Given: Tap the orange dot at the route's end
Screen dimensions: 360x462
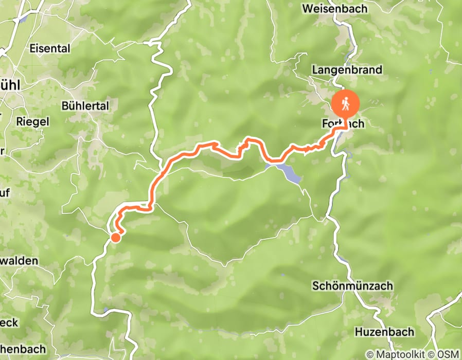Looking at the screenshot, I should (x=116, y=237).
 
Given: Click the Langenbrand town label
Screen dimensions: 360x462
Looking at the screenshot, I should (x=347, y=69).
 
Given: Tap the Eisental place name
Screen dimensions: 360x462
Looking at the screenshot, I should (x=49, y=49).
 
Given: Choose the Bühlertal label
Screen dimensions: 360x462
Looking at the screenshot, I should (x=85, y=105).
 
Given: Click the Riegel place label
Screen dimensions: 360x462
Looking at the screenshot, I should (x=32, y=121).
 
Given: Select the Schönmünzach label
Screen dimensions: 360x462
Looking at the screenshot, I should (x=352, y=285).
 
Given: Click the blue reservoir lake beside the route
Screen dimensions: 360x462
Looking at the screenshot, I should (x=289, y=173).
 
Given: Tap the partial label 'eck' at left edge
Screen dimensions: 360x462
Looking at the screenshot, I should (x=9, y=322).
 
